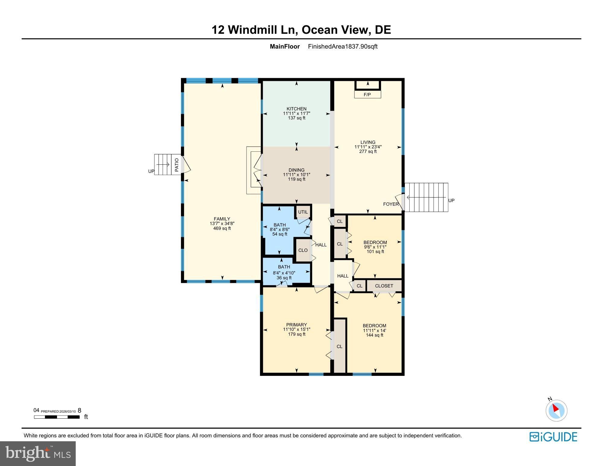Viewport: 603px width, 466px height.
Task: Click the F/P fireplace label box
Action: [x=367, y=95]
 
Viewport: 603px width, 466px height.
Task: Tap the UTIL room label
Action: [x=303, y=212]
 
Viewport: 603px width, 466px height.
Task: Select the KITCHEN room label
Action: [x=297, y=109]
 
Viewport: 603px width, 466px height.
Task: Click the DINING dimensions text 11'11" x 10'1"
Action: [x=297, y=175]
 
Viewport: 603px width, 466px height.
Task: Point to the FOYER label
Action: [x=391, y=204]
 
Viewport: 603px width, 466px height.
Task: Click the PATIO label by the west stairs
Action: [x=177, y=165]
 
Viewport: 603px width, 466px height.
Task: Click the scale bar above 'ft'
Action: [x=57, y=417]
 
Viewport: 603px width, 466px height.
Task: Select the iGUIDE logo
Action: [x=553, y=437]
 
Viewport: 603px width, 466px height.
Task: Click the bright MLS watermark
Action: [x=38, y=453]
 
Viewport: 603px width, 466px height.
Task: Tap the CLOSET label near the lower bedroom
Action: [x=384, y=286]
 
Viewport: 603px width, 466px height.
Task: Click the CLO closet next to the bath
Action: [x=303, y=250]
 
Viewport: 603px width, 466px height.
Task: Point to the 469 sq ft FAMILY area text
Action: [x=222, y=228]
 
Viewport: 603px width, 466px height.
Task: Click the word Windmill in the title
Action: [x=262, y=30]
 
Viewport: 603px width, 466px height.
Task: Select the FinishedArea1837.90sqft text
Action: [x=343, y=46]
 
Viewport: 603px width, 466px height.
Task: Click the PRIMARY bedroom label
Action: [x=297, y=325]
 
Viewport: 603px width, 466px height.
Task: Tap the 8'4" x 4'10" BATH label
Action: [x=284, y=273]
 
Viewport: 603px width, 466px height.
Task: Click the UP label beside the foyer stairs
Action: [x=451, y=200]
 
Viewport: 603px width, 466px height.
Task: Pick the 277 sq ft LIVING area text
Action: [x=368, y=151]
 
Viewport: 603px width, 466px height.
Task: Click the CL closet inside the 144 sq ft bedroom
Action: [x=339, y=346]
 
